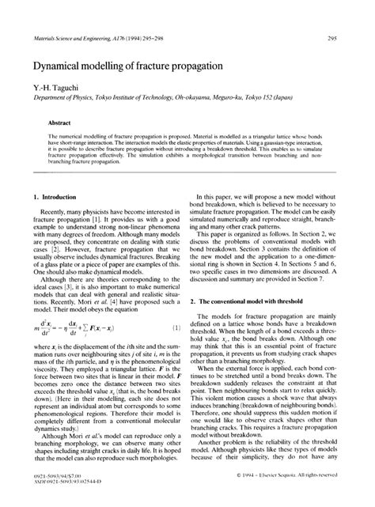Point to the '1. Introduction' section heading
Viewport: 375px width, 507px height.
pos(58,196)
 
